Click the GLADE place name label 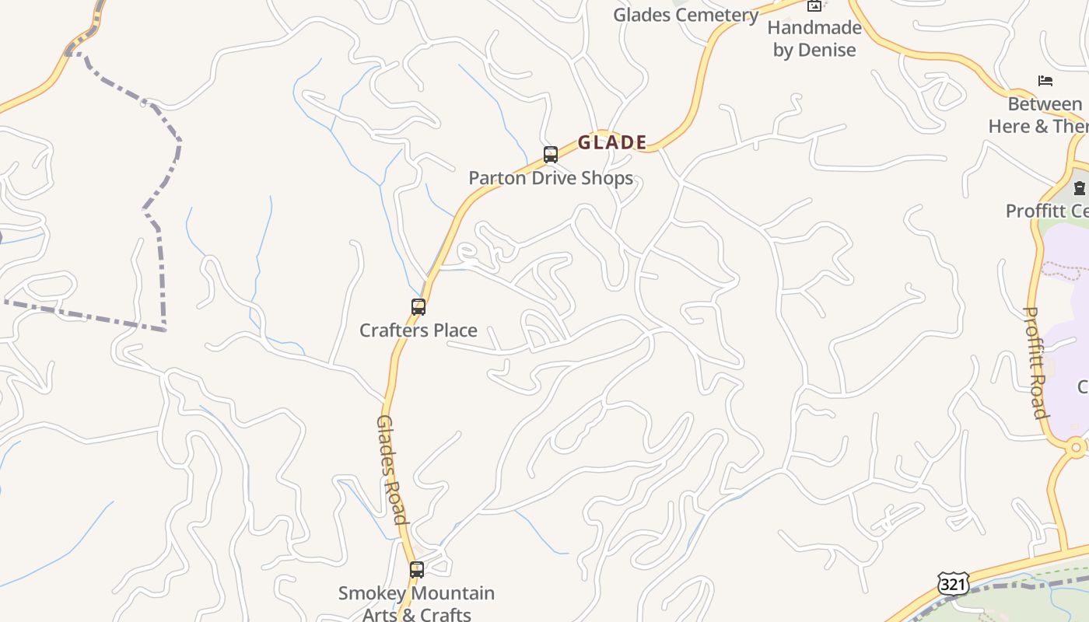612,142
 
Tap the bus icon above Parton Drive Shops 551,155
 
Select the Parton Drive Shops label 551,178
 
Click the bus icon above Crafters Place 418,307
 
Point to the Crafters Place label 418,330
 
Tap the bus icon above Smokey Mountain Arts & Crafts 417,570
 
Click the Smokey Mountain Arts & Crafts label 417,603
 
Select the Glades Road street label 391,470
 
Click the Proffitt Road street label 1035,362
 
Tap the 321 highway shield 953,583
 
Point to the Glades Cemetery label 685,15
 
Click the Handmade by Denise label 814,39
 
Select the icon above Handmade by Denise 814,6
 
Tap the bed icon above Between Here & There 1045,81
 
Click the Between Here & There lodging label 1042,115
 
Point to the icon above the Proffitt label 1079,187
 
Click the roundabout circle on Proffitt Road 1077,448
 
